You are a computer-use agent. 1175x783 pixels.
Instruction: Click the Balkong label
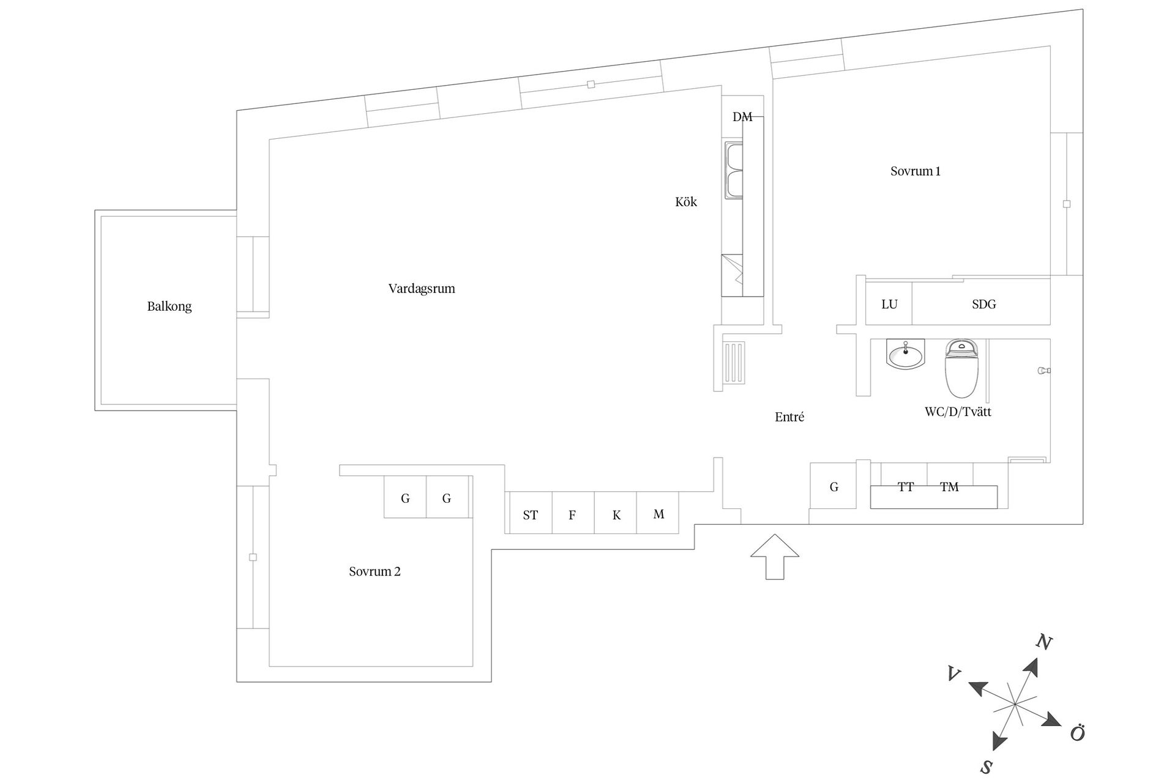170,306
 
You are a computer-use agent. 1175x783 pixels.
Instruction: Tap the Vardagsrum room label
422,289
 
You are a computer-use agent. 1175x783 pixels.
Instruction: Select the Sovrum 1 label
915,171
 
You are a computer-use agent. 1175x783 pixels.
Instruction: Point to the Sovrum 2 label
375,571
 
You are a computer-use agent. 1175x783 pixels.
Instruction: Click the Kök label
686,202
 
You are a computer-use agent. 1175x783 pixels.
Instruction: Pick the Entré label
789,417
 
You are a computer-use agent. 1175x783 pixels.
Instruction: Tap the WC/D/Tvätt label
958,412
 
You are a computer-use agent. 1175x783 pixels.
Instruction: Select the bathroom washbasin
906,355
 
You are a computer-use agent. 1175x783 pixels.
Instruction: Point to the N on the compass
1043,642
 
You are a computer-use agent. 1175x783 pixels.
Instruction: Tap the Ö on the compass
1078,733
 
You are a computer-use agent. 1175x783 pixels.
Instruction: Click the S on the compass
987,767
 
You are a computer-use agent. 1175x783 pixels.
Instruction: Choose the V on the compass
953,674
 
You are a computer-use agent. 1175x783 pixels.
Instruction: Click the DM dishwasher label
742,117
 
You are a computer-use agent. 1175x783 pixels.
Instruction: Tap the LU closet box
889,304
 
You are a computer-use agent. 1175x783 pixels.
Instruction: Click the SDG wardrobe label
983,304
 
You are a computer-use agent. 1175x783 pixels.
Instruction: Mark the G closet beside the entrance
834,486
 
